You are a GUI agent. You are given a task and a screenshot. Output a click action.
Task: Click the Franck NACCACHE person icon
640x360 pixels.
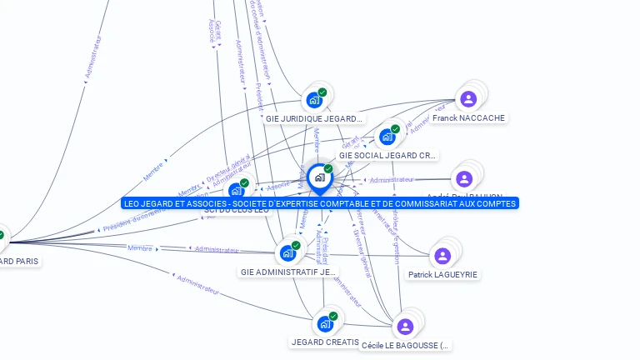tap(468, 99)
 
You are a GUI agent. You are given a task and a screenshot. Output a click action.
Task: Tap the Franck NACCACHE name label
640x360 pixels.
tap(468, 118)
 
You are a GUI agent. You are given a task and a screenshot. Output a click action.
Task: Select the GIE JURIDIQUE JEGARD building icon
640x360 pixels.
tap(314, 100)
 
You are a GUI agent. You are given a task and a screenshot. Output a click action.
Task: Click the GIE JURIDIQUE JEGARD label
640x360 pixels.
tap(314, 118)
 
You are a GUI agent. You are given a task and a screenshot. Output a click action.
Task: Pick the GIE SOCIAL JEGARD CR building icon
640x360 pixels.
tap(387, 137)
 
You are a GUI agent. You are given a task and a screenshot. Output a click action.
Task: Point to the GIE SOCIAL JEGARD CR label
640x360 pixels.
tap(387, 156)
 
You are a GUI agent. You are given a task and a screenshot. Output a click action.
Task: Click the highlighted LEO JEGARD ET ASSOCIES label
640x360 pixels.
tap(320, 203)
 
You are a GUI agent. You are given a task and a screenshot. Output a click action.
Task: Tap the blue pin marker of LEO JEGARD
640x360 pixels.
tap(319, 177)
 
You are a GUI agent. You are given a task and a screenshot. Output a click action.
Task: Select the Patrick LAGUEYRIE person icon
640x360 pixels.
tap(442, 256)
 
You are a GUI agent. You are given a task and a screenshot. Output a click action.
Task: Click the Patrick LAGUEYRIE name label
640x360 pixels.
tap(443, 274)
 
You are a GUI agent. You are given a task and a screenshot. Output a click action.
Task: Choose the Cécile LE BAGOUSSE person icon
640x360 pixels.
tap(405, 327)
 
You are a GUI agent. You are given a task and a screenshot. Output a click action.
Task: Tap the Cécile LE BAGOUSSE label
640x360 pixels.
tap(405, 345)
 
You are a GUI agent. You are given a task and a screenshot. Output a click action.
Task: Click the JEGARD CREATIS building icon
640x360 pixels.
tap(325, 323)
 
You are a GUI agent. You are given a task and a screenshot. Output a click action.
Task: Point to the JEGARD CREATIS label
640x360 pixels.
tap(325, 342)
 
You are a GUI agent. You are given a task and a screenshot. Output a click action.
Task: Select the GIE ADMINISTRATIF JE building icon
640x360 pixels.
tap(288, 252)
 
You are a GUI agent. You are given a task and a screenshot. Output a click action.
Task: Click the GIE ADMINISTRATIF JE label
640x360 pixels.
tap(288, 272)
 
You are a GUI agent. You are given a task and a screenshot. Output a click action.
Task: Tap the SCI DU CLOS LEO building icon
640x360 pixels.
tap(237, 191)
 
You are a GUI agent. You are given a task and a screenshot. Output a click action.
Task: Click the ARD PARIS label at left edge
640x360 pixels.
tap(19, 261)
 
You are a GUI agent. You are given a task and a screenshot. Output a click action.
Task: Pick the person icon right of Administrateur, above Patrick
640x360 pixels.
tap(464, 178)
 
